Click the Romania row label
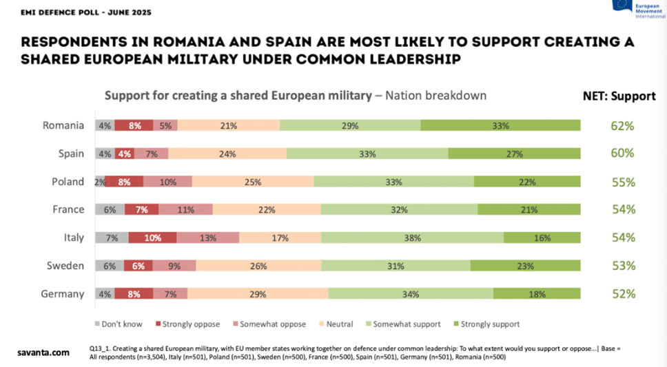click(63, 125)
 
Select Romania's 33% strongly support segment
click(500, 125)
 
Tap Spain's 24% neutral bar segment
click(227, 154)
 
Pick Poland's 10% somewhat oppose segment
click(167, 182)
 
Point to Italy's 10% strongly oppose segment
click(153, 238)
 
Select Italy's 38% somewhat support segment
click(412, 238)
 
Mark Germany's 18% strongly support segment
click(536, 294)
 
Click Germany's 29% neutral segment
click(258, 294)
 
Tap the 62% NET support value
click(622, 125)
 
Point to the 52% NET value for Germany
click(622, 294)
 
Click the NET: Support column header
click(615, 96)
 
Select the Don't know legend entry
click(119, 324)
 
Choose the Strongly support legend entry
click(486, 324)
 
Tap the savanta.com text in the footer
click(43, 353)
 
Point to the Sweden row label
click(66, 266)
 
